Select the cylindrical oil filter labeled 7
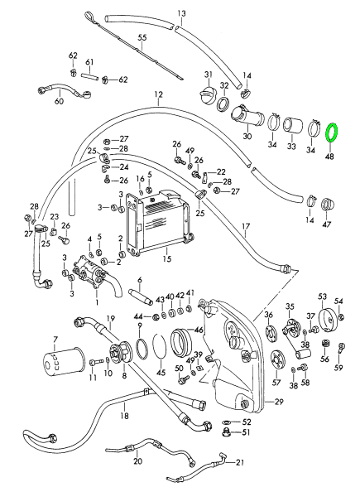(63, 362)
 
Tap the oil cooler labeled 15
(157, 223)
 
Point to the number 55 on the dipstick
(142, 38)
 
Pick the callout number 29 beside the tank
(279, 402)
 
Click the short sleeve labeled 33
(292, 126)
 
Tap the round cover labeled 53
(328, 321)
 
